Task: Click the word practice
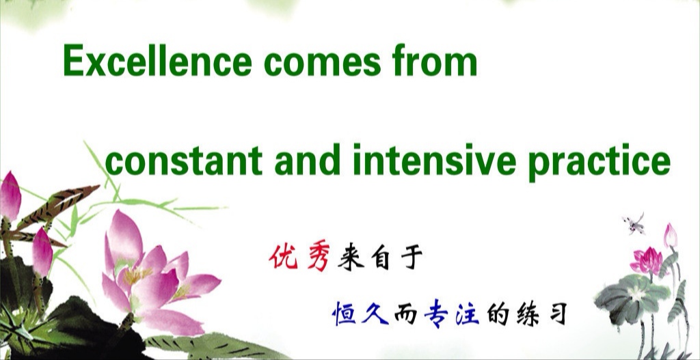click(599, 163)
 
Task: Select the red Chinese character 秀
click(319, 258)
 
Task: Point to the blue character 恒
click(344, 313)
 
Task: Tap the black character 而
click(405, 314)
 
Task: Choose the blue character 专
click(435, 314)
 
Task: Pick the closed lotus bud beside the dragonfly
click(670, 236)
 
